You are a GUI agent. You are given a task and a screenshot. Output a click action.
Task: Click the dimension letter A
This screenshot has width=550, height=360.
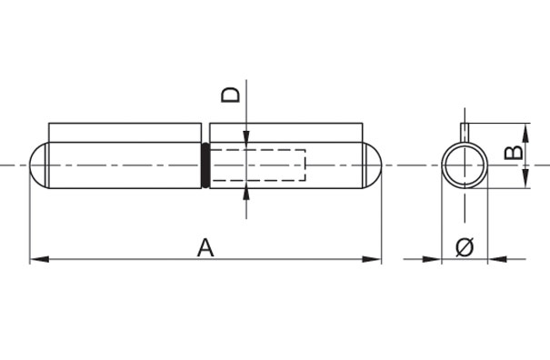(205, 246)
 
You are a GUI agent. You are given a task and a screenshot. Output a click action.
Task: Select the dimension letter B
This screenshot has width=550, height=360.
(514, 149)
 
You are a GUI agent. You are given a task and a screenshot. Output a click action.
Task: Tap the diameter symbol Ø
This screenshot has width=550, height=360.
(464, 245)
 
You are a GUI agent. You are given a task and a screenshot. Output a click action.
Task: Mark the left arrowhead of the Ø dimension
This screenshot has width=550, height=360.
(435, 260)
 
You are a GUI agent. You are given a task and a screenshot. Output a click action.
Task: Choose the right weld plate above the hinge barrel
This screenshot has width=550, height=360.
(285, 132)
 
